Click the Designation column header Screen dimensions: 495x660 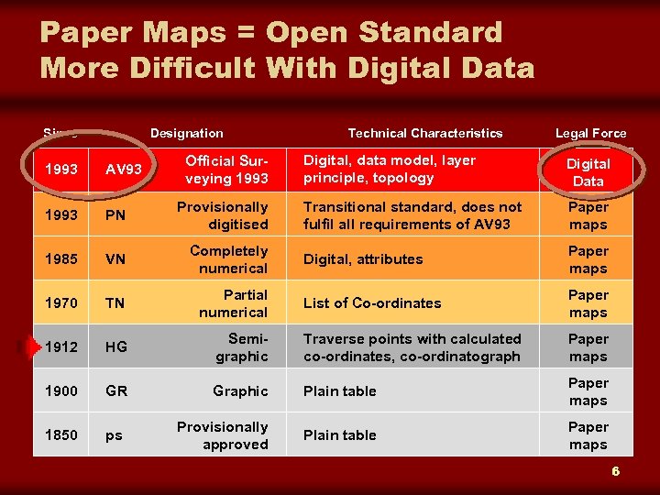pos(186,134)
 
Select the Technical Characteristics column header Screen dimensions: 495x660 pos(425,134)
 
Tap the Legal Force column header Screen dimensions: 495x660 pos(590,134)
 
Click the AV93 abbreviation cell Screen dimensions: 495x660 pos(123,170)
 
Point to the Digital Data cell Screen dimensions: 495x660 pos(588,172)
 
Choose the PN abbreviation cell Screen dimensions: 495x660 pos(116,215)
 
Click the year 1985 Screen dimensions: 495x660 pos(60,259)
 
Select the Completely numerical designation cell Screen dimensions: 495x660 pos(228,259)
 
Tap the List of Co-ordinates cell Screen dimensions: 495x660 pos(372,303)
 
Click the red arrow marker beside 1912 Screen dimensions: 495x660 pos(34,346)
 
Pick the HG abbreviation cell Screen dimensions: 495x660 pos(117,347)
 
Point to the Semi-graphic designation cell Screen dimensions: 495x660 pos(241,347)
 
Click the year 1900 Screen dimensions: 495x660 pos(60,391)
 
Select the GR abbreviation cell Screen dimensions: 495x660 pos(117,391)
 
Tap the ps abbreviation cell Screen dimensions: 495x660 pos(114,435)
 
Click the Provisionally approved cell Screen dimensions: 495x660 pos(223,435)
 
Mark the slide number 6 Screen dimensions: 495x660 pos(616,471)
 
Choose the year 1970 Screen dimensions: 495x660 pos(60,303)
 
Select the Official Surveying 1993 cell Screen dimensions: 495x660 pos(226,169)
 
